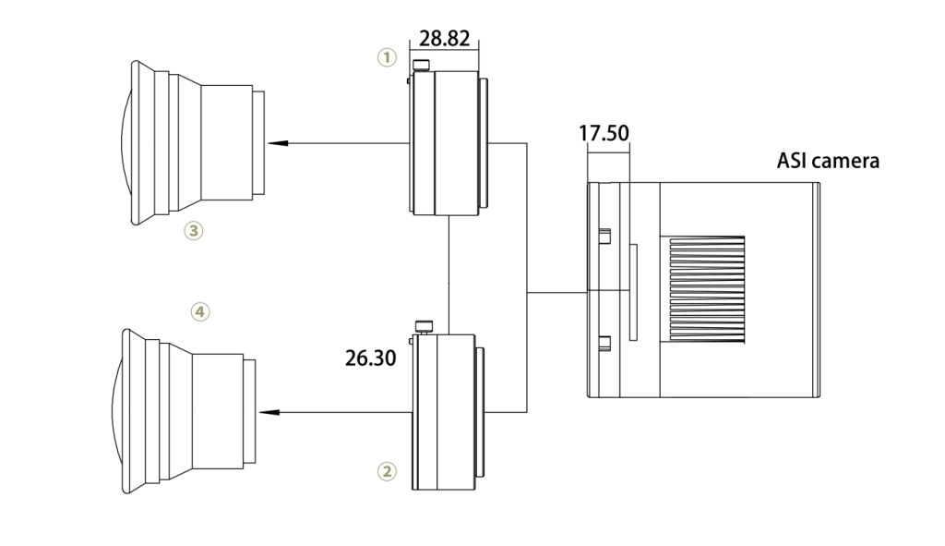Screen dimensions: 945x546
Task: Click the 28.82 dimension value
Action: (444, 39)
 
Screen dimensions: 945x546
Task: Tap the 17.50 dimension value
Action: (604, 133)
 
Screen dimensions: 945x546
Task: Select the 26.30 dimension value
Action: (371, 358)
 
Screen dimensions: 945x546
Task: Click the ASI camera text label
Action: (828, 161)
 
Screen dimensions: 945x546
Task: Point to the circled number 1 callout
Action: (387, 58)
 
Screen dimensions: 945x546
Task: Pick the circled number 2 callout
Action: (387, 471)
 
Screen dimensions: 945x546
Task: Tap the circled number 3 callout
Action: (194, 230)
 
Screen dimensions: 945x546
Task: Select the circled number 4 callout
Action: (200, 312)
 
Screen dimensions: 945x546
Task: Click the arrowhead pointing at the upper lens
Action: (277, 143)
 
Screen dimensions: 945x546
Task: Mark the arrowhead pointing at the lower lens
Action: (269, 413)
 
